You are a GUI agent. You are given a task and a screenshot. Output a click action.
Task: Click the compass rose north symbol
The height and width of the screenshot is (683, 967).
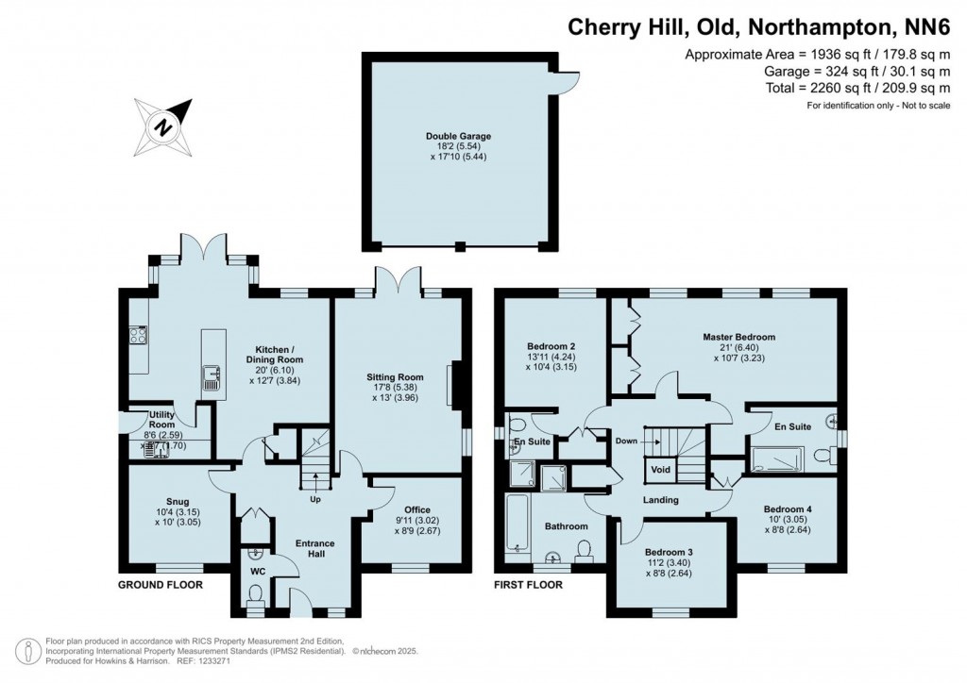(x=164, y=125)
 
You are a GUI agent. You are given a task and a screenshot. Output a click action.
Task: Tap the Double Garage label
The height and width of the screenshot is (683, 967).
(x=458, y=137)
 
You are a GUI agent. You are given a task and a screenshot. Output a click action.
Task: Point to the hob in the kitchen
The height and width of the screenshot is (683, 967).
(x=138, y=334)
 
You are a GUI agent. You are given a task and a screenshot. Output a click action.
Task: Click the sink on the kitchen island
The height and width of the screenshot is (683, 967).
(x=210, y=379)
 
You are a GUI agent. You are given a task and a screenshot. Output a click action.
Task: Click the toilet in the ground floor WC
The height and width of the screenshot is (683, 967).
(x=254, y=595)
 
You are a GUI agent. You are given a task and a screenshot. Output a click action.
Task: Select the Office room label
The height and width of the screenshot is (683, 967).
(x=417, y=509)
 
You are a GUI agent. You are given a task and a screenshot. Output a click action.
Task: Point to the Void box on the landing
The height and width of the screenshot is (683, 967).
(x=660, y=469)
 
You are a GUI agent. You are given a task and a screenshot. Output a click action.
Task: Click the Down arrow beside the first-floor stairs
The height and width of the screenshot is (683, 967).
(x=636, y=441)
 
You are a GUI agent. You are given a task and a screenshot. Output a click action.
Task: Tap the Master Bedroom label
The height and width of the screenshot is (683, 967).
(x=738, y=337)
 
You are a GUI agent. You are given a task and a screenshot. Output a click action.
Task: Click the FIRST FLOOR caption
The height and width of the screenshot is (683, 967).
(x=528, y=585)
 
